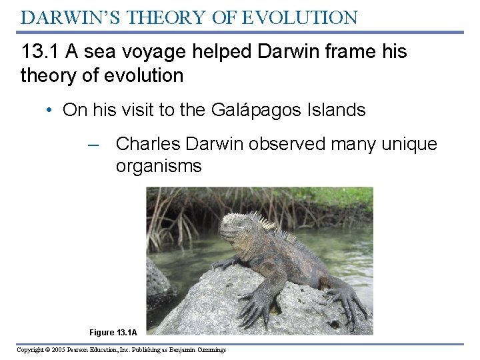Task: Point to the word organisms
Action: (159, 166)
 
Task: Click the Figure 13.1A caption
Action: (113, 332)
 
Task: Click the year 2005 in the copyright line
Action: (57, 349)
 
